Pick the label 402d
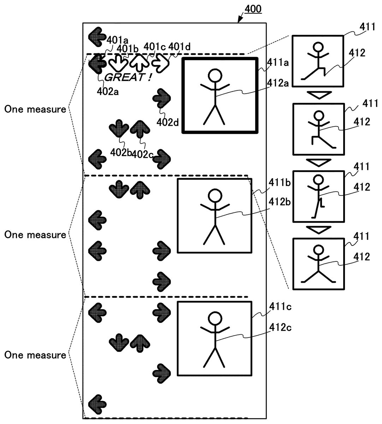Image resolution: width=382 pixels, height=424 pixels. coord(168,123)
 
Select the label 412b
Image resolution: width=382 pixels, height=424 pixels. coord(280,202)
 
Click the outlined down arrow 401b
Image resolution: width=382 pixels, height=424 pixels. coord(118,63)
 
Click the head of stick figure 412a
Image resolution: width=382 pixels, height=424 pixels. coord(214,75)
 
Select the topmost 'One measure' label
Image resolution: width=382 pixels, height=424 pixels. coord(35,109)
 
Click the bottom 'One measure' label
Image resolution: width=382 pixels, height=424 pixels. coord(35,355)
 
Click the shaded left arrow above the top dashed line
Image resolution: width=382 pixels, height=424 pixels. coord(97,36)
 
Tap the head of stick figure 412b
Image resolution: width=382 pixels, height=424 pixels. coord(214,195)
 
